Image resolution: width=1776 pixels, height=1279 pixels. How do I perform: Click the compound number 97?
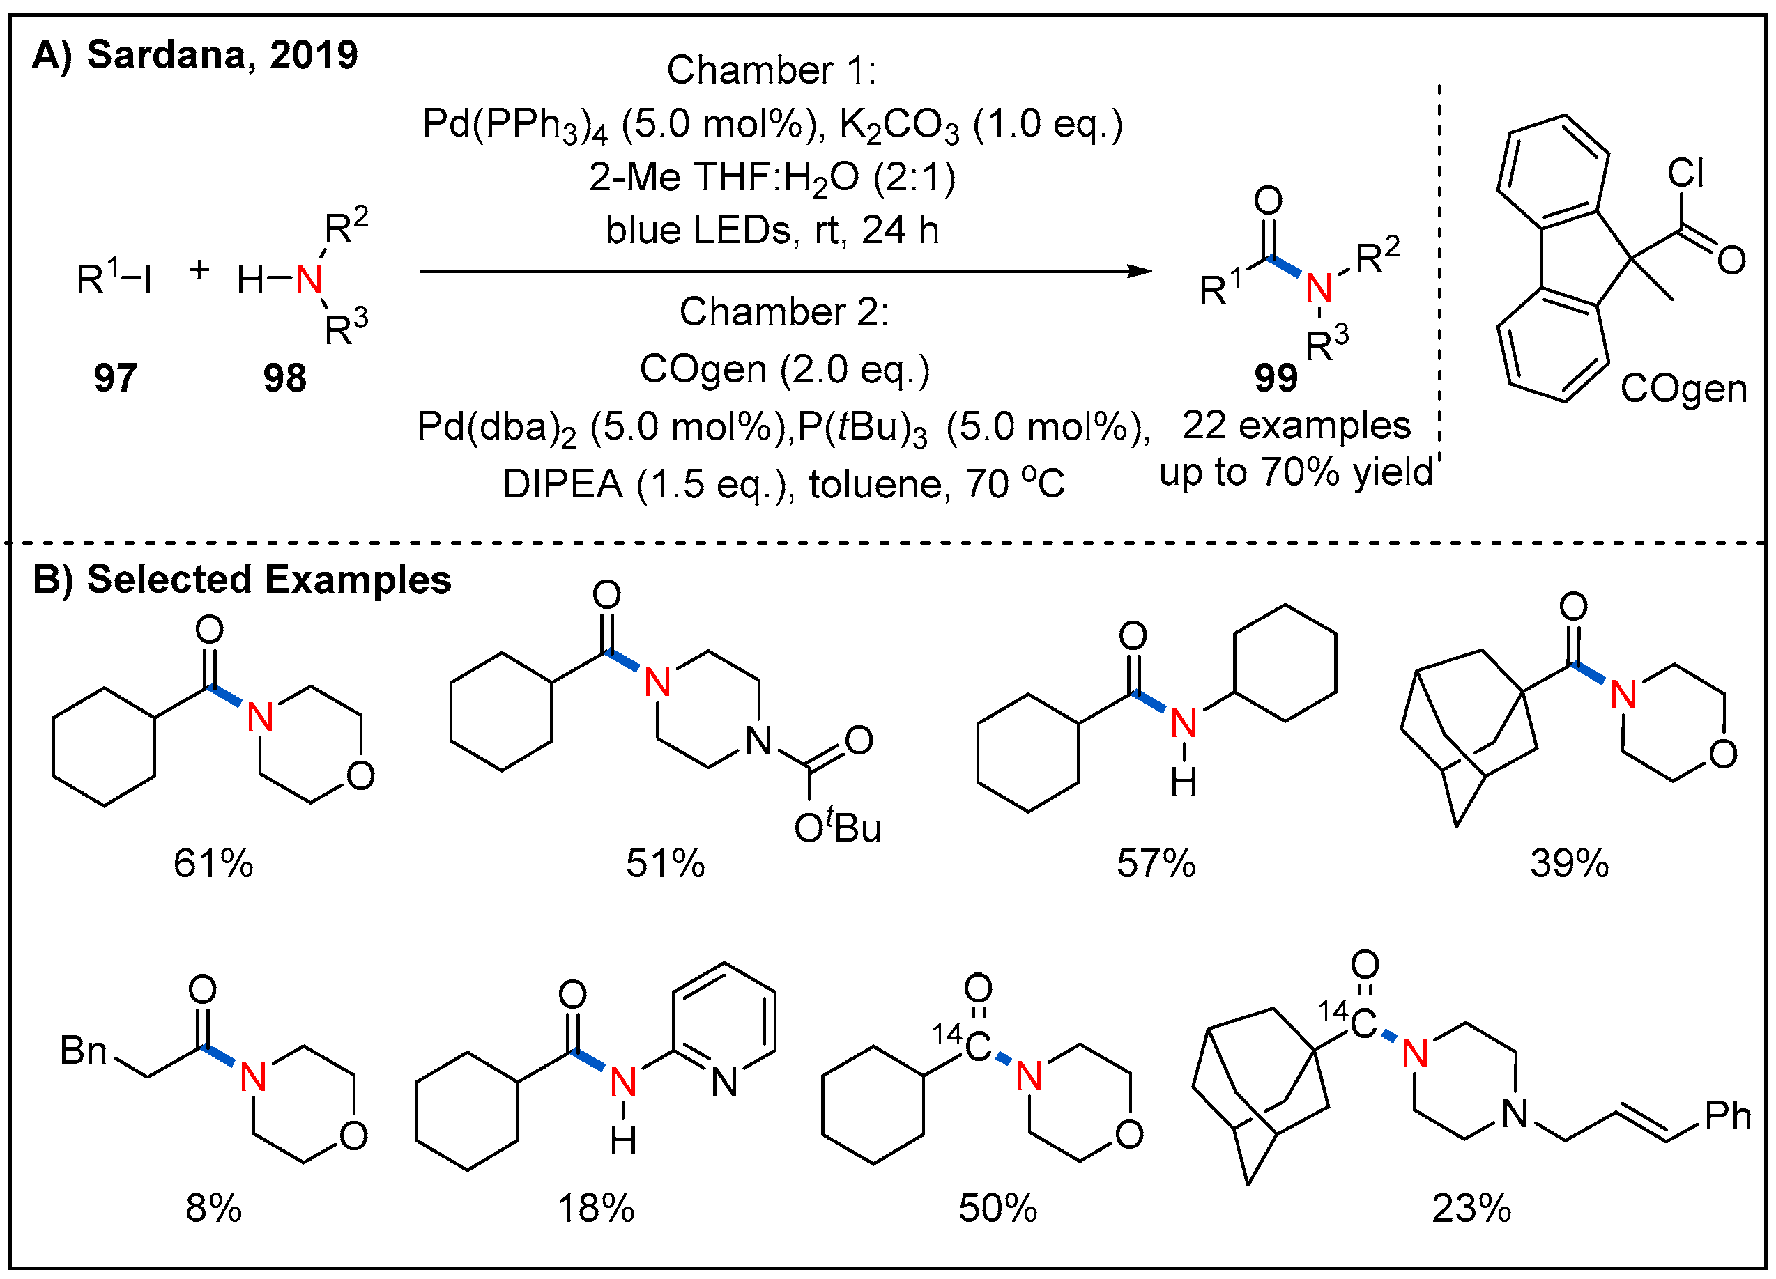(x=115, y=378)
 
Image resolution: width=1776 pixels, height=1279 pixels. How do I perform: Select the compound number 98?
(x=284, y=378)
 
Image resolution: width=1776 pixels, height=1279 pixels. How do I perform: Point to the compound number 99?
(x=1276, y=378)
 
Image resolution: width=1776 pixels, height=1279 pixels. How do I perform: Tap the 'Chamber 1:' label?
(x=772, y=70)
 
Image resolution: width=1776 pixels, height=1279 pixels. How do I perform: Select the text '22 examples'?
(x=1296, y=426)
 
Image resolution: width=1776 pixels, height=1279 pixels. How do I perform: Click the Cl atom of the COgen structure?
(x=1686, y=172)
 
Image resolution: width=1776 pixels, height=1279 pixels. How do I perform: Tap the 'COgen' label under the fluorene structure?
(x=1683, y=389)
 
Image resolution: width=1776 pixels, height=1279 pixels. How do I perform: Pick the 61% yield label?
(x=213, y=864)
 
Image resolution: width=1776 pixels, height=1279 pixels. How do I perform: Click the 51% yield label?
(x=665, y=864)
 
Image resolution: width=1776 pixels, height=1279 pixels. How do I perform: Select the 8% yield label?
(x=213, y=1209)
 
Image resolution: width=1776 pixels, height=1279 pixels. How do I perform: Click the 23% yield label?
(x=1471, y=1209)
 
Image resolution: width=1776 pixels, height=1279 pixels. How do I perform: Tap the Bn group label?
(x=83, y=1051)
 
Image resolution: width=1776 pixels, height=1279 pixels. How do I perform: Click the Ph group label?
(x=1727, y=1116)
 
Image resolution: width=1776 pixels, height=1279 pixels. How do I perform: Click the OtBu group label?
(x=837, y=828)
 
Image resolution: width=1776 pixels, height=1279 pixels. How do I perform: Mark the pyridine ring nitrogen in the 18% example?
(x=724, y=1083)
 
